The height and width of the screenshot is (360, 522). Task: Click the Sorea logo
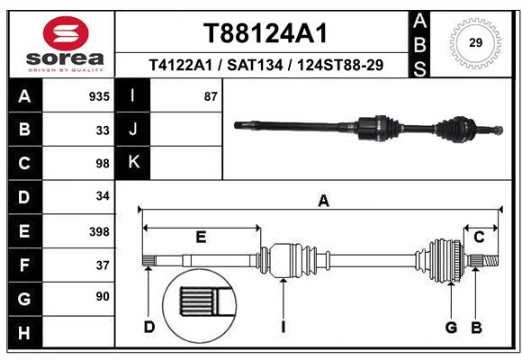[x=65, y=45]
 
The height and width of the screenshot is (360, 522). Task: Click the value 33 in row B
[x=102, y=130]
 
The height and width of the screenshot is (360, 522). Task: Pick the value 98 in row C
[x=102, y=164]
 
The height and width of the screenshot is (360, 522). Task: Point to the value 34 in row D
[x=102, y=197]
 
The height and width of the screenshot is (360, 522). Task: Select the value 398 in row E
[x=99, y=231]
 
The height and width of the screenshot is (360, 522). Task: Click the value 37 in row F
[x=102, y=265]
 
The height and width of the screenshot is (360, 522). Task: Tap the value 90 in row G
[x=102, y=297]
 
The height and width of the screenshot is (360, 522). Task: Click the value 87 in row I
[x=211, y=96]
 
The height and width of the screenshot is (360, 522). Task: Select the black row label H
[x=23, y=333]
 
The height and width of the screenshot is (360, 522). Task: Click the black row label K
[x=134, y=163]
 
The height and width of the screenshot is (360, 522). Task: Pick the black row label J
[x=134, y=130]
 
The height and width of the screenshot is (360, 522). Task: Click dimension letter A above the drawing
[x=323, y=202]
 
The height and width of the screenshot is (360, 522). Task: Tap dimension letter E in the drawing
[x=201, y=238]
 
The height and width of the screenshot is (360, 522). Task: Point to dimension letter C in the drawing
[x=480, y=238]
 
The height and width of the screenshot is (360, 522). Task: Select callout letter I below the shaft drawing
[x=283, y=327]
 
